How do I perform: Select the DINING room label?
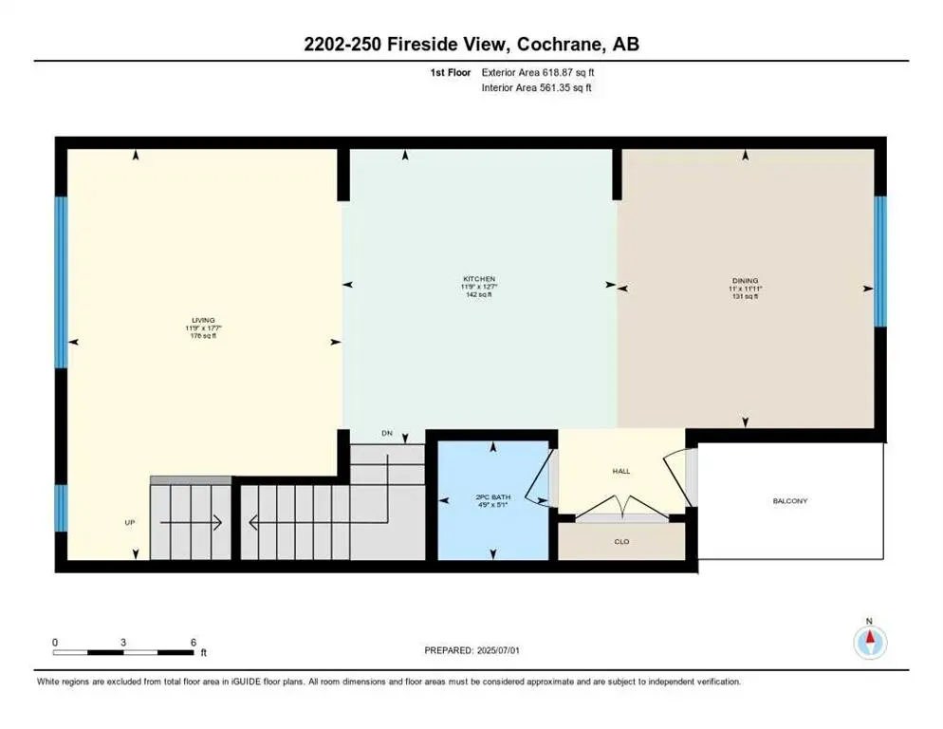(745, 280)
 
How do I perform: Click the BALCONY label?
(789, 500)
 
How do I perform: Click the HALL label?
(621, 470)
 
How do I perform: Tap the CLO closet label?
(621, 544)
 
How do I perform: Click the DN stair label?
(386, 433)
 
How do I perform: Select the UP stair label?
(130, 522)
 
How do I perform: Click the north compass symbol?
(869, 642)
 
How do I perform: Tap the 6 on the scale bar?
(193, 642)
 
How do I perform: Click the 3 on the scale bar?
(123, 642)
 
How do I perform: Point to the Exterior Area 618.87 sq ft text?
(538, 72)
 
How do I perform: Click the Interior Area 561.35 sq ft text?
(538, 88)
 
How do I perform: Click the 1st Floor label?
(452, 72)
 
